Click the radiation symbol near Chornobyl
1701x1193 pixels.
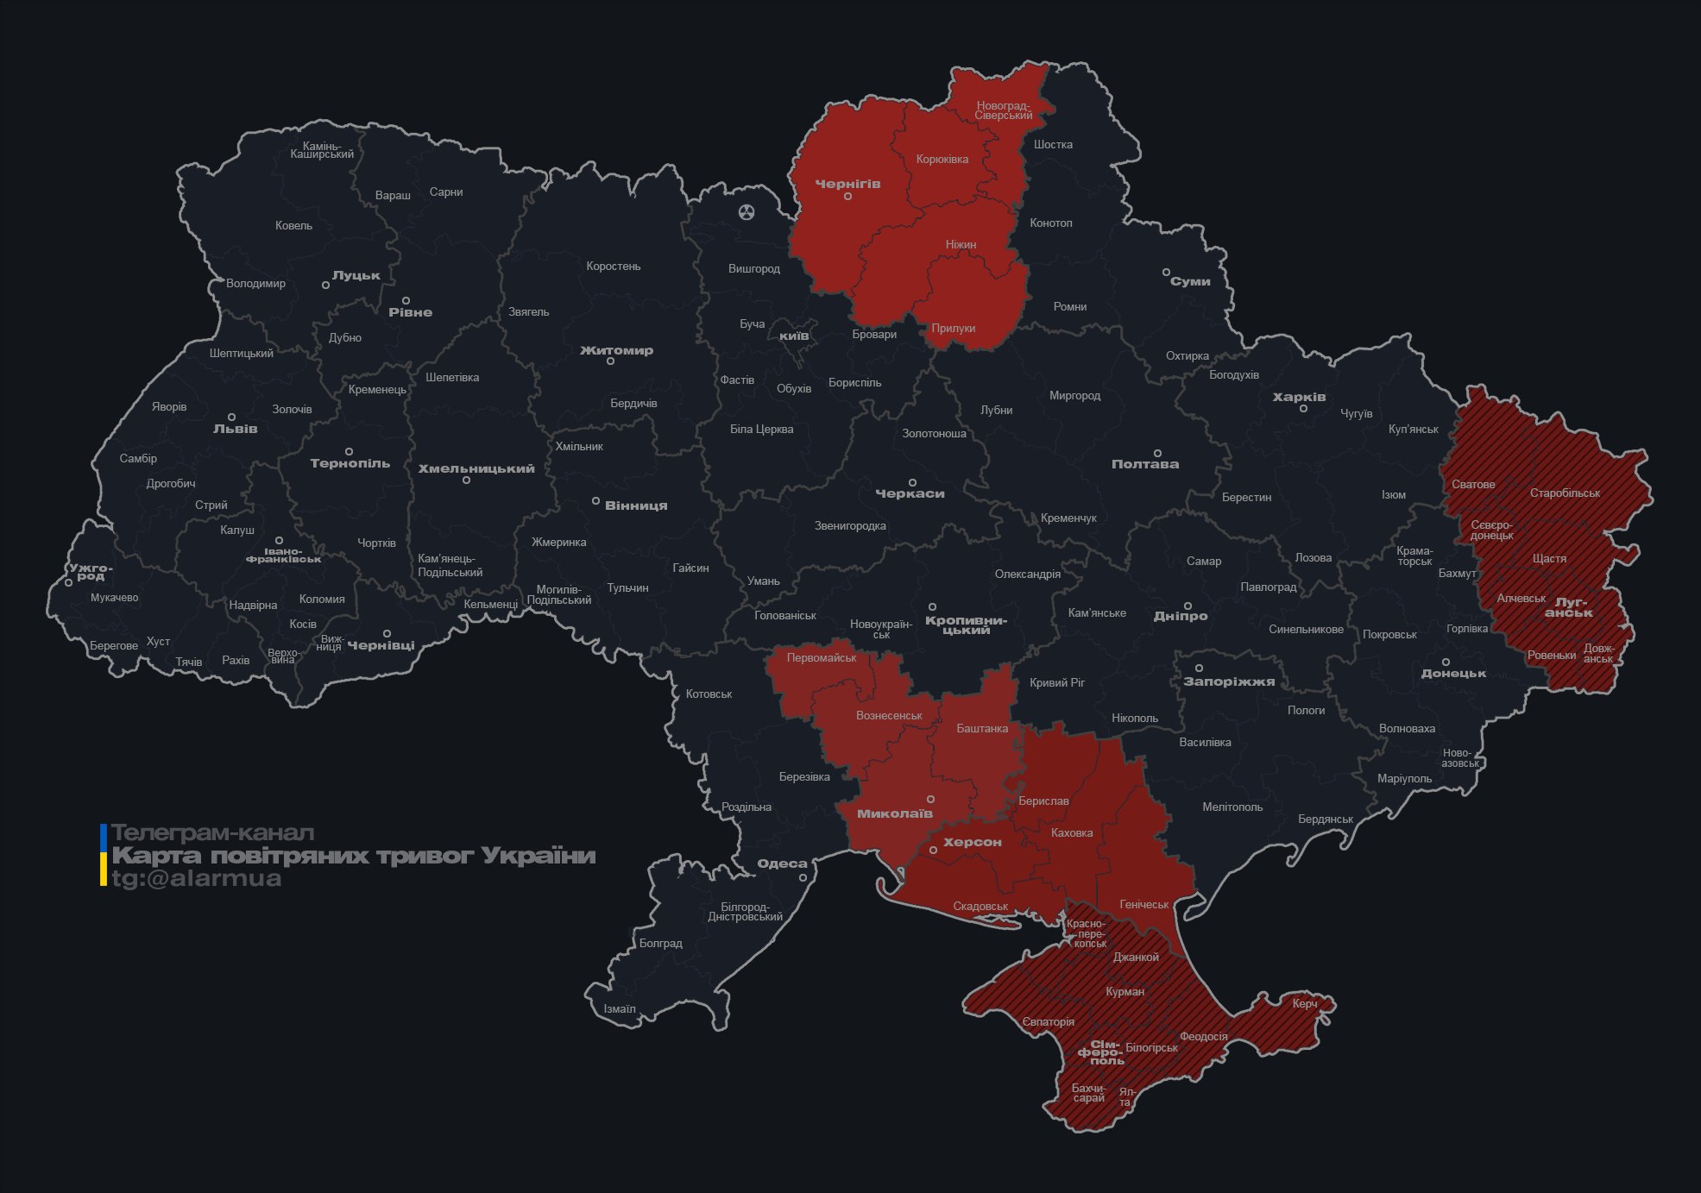747,211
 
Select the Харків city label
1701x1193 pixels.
1299,397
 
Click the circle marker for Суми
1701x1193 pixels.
1166,272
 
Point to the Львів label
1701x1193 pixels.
235,429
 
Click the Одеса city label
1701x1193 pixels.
782,863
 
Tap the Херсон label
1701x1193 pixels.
972,842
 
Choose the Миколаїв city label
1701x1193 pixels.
894,813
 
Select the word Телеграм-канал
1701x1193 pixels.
212,833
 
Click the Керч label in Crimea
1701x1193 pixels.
1304,1003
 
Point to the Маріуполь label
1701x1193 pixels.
1404,778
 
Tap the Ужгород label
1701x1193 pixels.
91,572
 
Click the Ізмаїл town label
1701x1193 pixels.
619,1008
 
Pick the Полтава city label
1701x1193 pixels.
1144,464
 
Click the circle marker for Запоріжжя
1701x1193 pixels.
1199,668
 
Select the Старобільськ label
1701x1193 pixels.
1565,493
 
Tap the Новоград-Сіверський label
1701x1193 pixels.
1003,110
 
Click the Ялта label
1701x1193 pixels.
1125,1097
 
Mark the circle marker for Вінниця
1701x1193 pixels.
595,501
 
